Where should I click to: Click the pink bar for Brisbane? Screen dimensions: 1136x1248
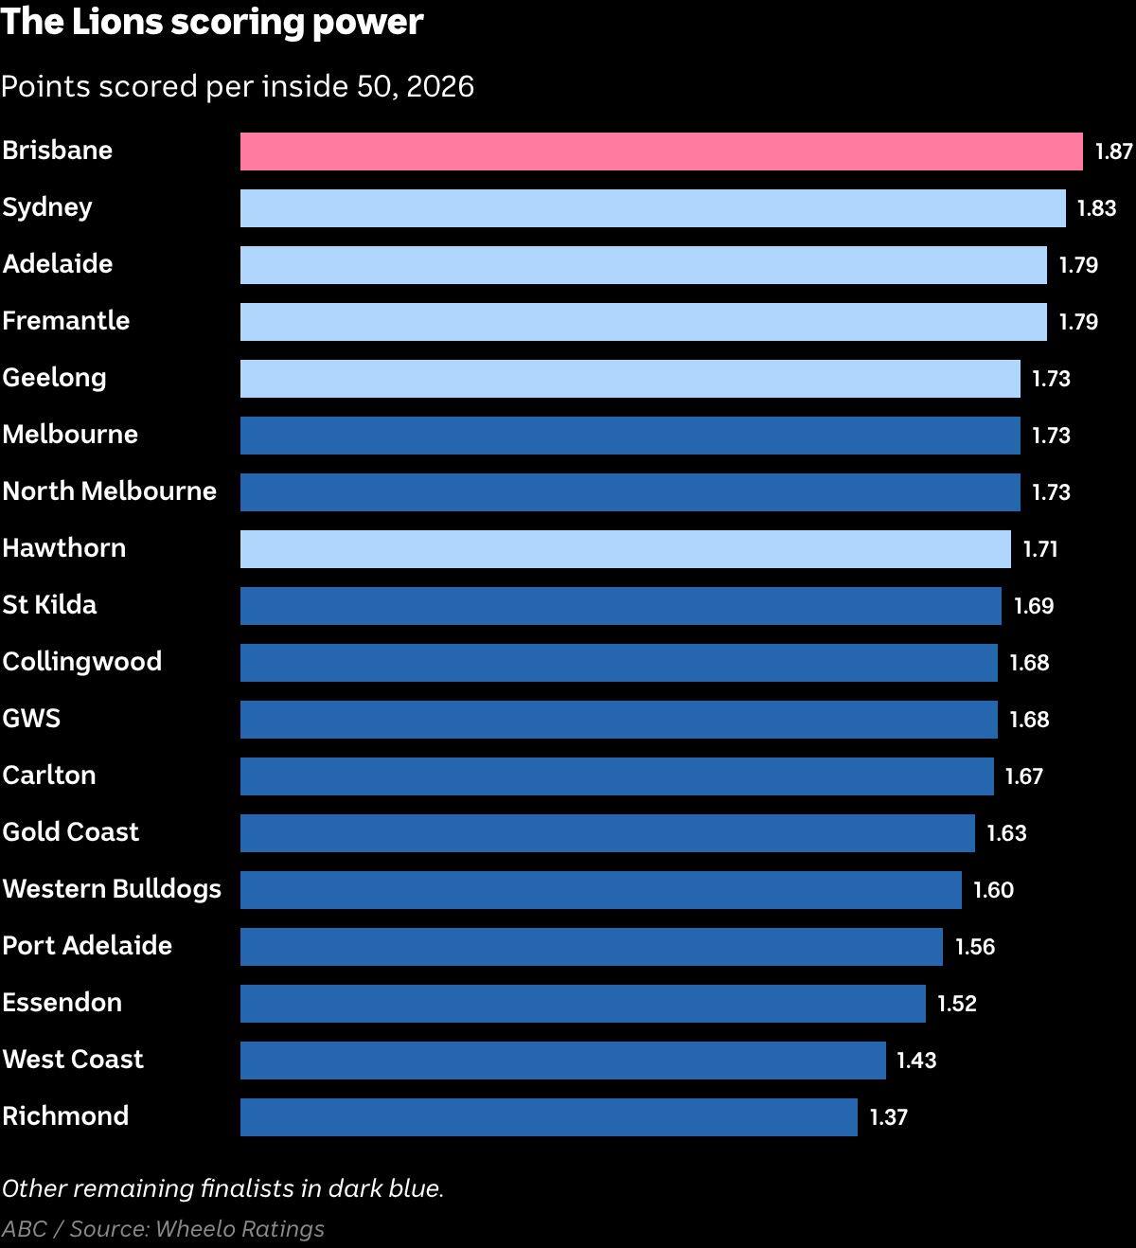[x=662, y=152]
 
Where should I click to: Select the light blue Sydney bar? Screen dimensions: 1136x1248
[x=652, y=208]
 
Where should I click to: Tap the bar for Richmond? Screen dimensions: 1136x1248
[x=549, y=1117]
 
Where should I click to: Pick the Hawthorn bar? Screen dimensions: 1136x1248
[x=625, y=548]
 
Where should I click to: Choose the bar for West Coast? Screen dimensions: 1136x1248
[x=563, y=1061]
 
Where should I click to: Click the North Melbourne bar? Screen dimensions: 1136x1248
[x=630, y=492]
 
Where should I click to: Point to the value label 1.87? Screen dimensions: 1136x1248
[x=1113, y=152]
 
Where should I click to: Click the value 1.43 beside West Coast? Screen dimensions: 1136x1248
[x=916, y=1061]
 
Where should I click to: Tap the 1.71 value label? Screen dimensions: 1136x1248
[x=1040, y=548]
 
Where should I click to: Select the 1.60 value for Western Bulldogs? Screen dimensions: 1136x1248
[x=994, y=890]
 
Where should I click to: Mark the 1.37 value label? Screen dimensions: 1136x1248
[x=888, y=1117]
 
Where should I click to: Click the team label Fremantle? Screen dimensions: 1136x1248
[x=66, y=321]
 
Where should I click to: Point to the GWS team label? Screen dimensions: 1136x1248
[x=32, y=719]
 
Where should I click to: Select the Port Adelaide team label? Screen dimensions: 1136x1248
[x=87, y=946]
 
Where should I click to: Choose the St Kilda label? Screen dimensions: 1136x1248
[x=50, y=605]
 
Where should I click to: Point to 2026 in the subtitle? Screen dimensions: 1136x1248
[x=440, y=86]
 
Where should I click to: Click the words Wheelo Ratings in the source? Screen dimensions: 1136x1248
[x=240, y=1229]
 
